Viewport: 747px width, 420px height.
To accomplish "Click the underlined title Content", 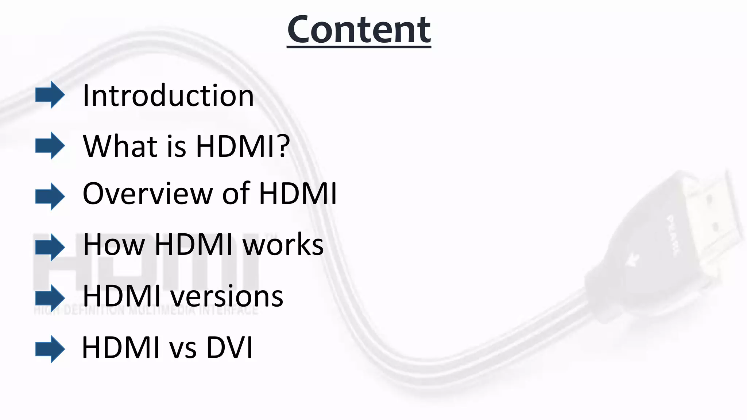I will point(359,30).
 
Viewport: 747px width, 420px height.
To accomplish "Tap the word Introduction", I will point(168,96).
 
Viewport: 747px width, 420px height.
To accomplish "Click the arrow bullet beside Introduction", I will point(50,95).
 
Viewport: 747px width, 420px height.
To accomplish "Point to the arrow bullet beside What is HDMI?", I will point(50,145).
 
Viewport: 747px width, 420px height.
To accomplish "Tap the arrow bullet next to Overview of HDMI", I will point(50,197).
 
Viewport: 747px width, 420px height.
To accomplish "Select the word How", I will point(113,244).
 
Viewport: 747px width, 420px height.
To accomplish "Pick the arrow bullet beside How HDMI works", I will point(50,248).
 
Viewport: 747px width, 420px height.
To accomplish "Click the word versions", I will point(227,296).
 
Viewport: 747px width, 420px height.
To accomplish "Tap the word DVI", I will point(229,347).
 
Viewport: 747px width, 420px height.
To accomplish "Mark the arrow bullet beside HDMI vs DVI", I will point(50,349).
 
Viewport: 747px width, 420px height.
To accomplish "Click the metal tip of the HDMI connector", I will point(715,215).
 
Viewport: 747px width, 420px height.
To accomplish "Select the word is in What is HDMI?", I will point(177,146).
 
